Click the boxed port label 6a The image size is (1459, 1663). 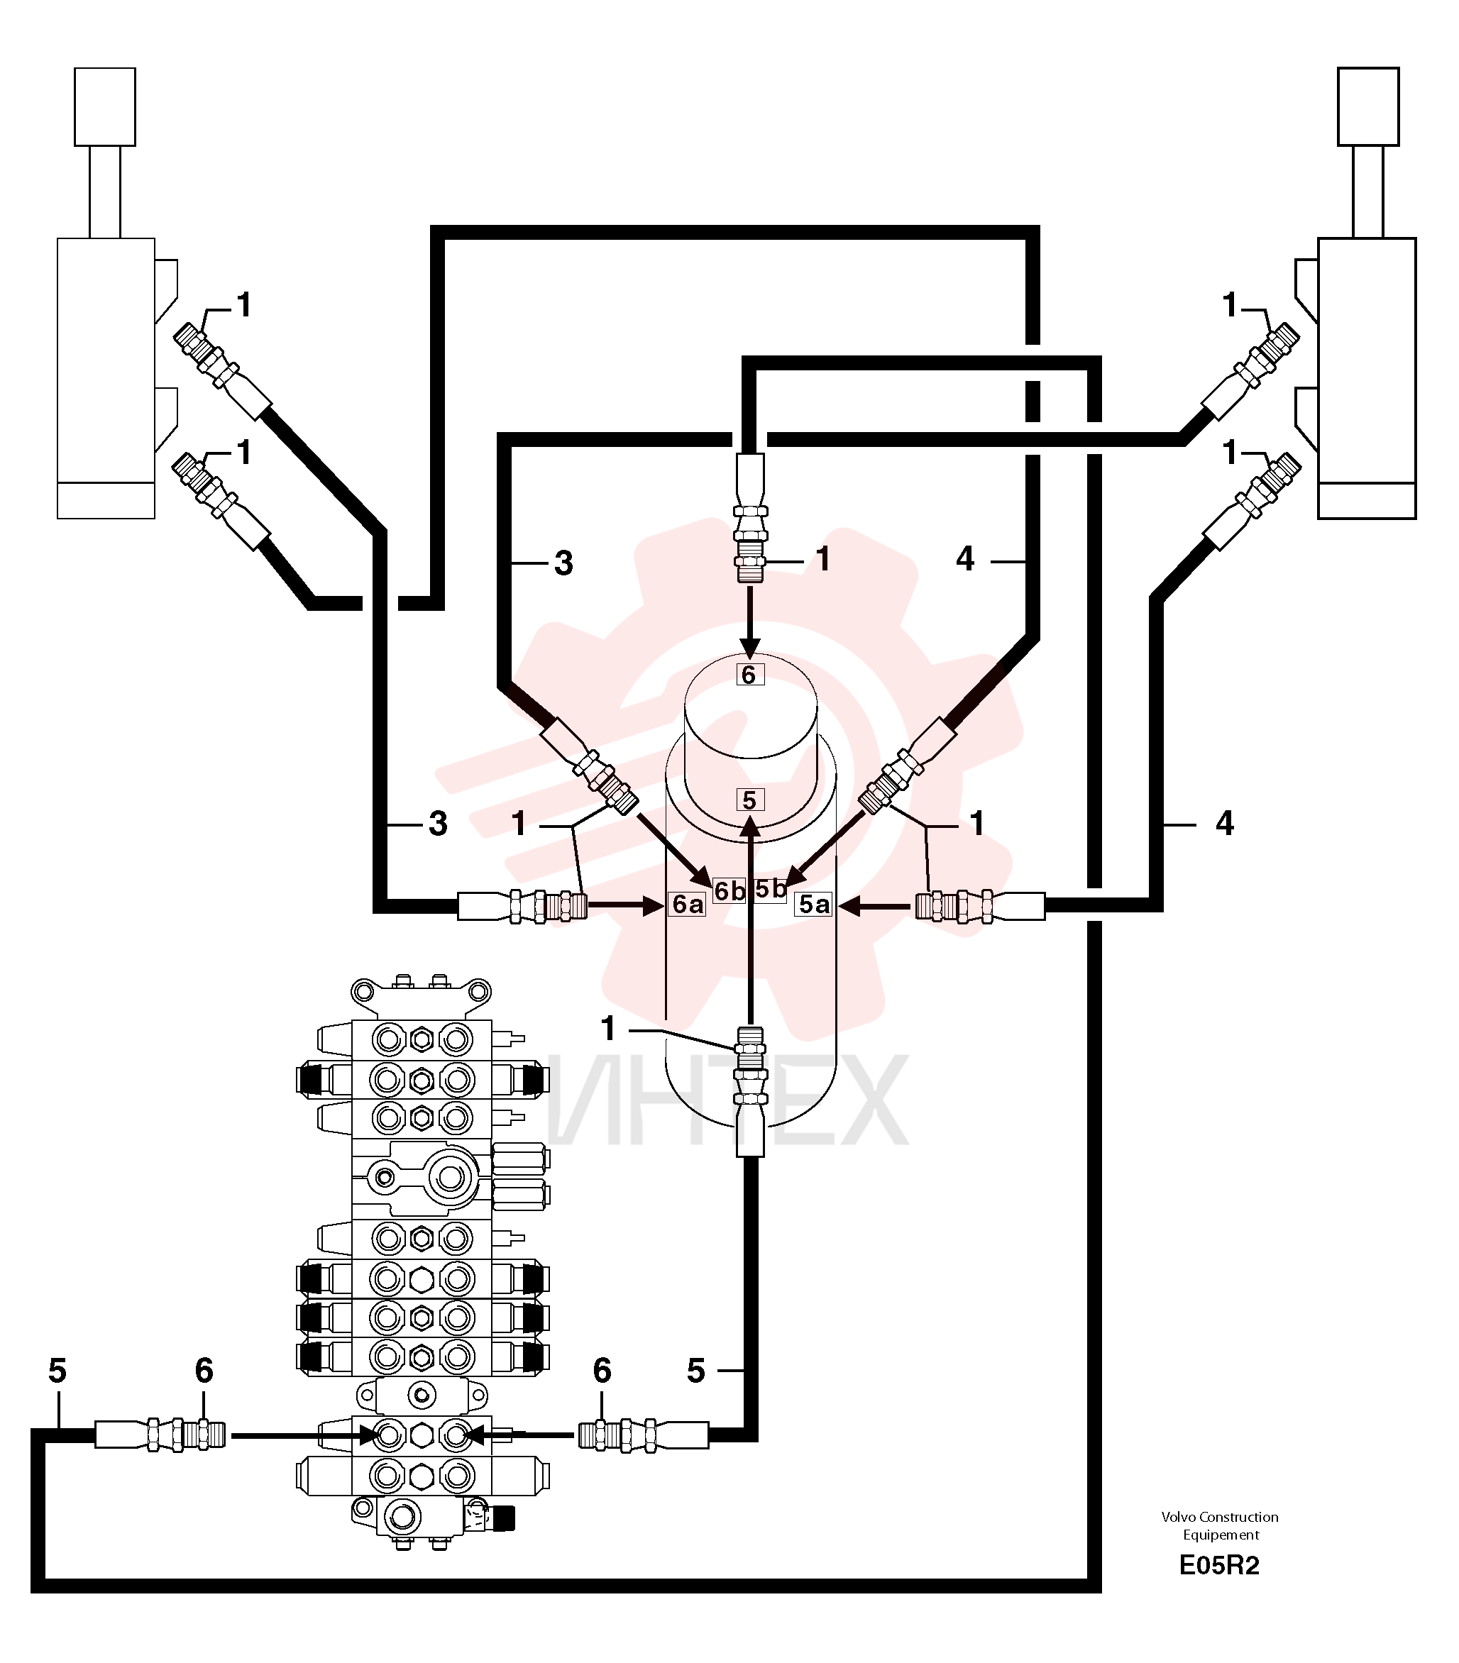[x=687, y=904]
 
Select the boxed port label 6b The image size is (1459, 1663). [x=729, y=891]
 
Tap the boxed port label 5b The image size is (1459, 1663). [x=770, y=889]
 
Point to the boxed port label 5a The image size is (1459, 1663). [x=814, y=904]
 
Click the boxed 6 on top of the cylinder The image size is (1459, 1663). [x=749, y=675]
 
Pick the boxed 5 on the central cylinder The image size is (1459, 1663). [x=749, y=800]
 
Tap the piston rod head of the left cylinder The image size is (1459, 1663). [x=105, y=106]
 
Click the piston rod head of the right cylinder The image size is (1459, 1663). [x=1368, y=106]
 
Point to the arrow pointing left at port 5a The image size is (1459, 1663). [x=875, y=905]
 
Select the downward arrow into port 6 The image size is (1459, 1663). [x=750, y=622]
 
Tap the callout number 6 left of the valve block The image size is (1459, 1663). [x=204, y=1371]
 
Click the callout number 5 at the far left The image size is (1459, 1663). [x=57, y=1371]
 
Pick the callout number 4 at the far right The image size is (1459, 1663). [x=1225, y=824]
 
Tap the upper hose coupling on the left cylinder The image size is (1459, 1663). [x=222, y=371]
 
